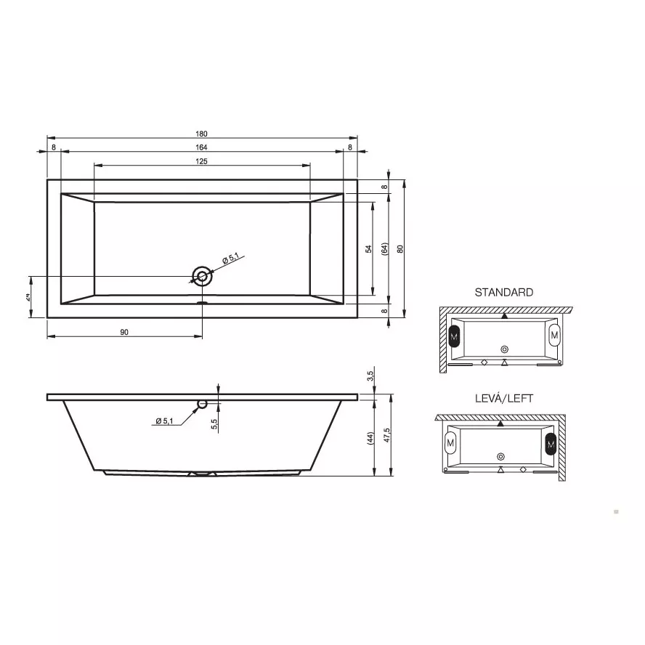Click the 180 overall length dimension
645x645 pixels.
(x=202, y=134)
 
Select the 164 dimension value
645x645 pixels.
(x=202, y=147)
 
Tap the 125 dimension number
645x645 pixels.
(x=202, y=161)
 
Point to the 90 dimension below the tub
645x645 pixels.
(x=124, y=332)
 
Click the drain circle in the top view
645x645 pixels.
(x=202, y=276)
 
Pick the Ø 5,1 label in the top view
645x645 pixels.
(x=231, y=259)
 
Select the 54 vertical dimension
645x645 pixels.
(x=368, y=248)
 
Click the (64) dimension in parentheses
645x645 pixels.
(x=385, y=248)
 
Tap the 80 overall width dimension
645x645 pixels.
(x=400, y=248)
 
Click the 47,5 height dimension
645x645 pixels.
(x=386, y=435)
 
